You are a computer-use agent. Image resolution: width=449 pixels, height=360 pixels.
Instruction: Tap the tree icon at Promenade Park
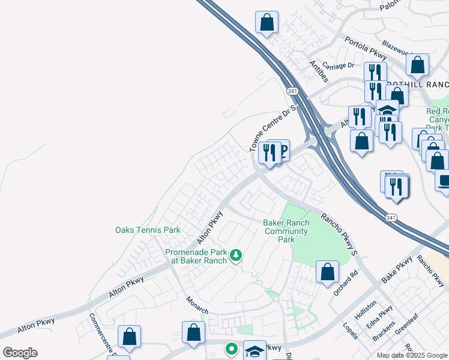click(237, 256)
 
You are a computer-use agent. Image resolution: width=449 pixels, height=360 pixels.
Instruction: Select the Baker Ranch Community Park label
click(286, 231)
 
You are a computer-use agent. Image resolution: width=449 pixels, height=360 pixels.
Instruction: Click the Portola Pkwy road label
click(366, 47)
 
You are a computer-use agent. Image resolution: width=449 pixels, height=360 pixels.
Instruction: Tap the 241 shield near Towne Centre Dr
click(292, 91)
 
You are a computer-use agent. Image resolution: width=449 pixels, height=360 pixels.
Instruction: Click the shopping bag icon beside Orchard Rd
click(328, 271)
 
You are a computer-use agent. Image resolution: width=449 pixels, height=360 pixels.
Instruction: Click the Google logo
click(20, 353)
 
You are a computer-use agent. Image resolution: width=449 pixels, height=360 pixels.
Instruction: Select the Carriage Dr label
click(339, 65)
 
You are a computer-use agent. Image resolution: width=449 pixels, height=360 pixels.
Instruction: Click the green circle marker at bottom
click(231, 348)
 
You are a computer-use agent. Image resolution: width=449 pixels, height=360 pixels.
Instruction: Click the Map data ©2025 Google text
click(412, 355)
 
